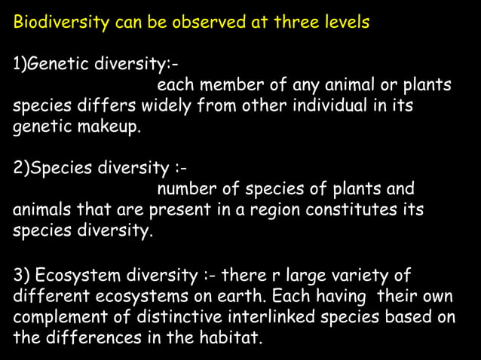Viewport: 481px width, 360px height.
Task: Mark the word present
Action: (x=179, y=209)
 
